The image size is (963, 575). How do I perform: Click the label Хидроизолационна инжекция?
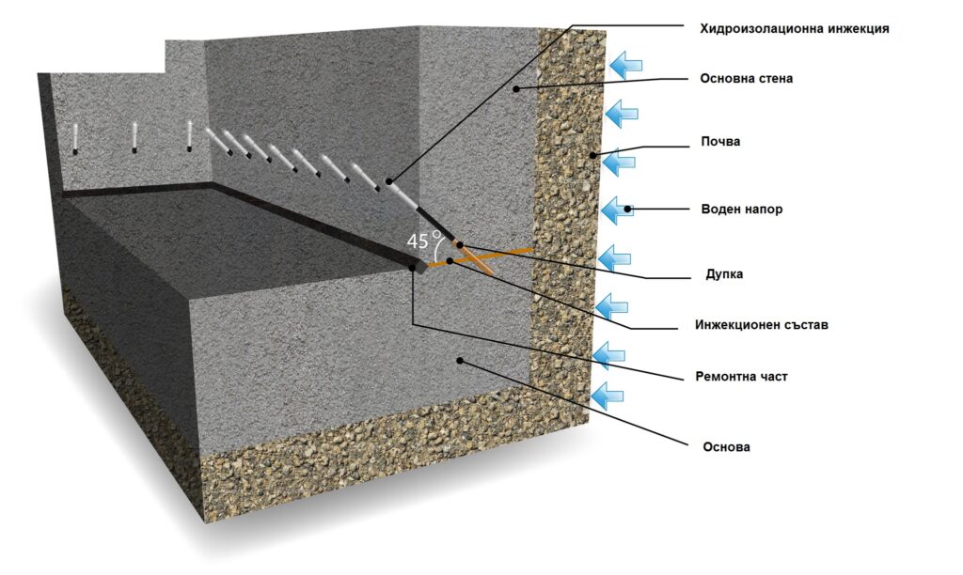click(794, 28)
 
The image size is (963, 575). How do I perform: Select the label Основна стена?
click(746, 78)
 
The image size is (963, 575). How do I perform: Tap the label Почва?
click(721, 141)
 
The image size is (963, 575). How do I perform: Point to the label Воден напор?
click(741, 210)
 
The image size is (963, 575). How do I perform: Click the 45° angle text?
click(419, 240)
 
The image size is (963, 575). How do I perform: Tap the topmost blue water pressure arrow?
click(624, 65)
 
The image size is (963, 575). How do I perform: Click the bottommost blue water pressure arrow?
click(608, 393)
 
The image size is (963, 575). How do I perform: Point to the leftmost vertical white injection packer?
click(74, 137)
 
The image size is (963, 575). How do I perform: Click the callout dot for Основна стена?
click(515, 87)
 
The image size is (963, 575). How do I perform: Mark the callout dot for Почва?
click(592, 154)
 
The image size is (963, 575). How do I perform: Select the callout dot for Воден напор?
click(628, 209)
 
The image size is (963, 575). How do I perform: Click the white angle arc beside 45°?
click(438, 246)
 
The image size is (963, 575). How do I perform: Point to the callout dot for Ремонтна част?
click(413, 268)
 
